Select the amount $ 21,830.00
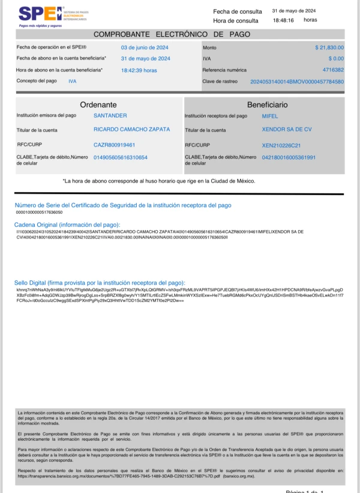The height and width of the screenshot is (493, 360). pyautogui.click(x=329, y=47)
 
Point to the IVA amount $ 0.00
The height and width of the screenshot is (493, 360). pyautogui.click(x=336, y=58)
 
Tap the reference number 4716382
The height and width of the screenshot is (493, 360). pyautogui.click(x=333, y=70)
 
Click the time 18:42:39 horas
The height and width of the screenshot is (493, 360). pyautogui.click(x=139, y=70)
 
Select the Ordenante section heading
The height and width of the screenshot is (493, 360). pyautogui.click(x=98, y=104)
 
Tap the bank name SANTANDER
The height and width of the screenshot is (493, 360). pyautogui.click(x=110, y=115)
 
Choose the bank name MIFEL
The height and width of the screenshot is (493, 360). pyautogui.click(x=270, y=115)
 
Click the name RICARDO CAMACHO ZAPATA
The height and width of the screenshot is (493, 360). pyautogui.click(x=132, y=129)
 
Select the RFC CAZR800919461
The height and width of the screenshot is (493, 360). pyautogui.click(x=114, y=145)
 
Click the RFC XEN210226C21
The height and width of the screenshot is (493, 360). pyautogui.click(x=281, y=145)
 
